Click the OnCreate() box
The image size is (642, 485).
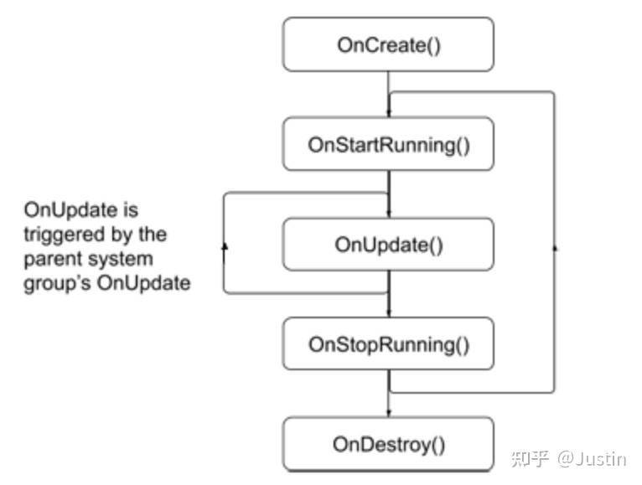pos(388,44)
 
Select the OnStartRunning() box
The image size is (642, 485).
pos(388,144)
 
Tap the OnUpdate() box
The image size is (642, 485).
pos(388,245)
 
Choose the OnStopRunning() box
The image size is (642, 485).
pos(388,343)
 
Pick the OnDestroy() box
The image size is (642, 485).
pos(388,444)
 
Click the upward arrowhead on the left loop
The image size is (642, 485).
pos(225,246)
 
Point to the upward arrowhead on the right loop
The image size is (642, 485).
pos(555,248)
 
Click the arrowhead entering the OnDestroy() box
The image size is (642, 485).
pos(389,413)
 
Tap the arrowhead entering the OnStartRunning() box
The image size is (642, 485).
pos(389,112)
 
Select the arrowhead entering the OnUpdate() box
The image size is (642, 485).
pos(389,214)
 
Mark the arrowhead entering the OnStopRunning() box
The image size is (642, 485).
pos(389,312)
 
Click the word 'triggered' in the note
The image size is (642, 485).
pos(65,235)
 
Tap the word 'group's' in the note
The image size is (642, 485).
pos(57,284)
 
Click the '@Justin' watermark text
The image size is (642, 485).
pos(591,459)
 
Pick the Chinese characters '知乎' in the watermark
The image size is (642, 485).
pos(530,459)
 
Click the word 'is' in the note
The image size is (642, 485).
pos(131,210)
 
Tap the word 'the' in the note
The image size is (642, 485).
pos(153,235)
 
